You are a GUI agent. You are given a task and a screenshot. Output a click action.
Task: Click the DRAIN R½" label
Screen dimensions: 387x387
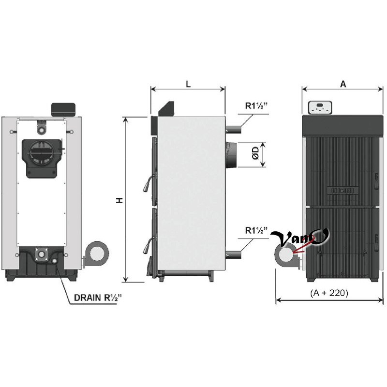pos(98,298)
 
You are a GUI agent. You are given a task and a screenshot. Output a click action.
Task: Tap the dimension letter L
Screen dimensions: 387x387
pos(188,84)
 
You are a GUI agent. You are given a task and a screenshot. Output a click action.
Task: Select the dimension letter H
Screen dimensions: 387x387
pos(119,200)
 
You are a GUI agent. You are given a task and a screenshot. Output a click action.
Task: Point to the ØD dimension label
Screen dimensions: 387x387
pos(256,153)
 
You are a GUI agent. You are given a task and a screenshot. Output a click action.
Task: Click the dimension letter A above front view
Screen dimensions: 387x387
pos(343,84)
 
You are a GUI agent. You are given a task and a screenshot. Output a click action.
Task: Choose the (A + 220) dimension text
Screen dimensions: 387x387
pos(329,293)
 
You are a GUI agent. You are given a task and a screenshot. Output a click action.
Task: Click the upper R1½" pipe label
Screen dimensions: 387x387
pos(256,105)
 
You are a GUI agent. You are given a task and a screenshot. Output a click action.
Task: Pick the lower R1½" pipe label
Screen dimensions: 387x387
pos(256,230)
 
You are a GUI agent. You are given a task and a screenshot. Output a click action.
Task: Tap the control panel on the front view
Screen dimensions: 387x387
pos(320,107)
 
